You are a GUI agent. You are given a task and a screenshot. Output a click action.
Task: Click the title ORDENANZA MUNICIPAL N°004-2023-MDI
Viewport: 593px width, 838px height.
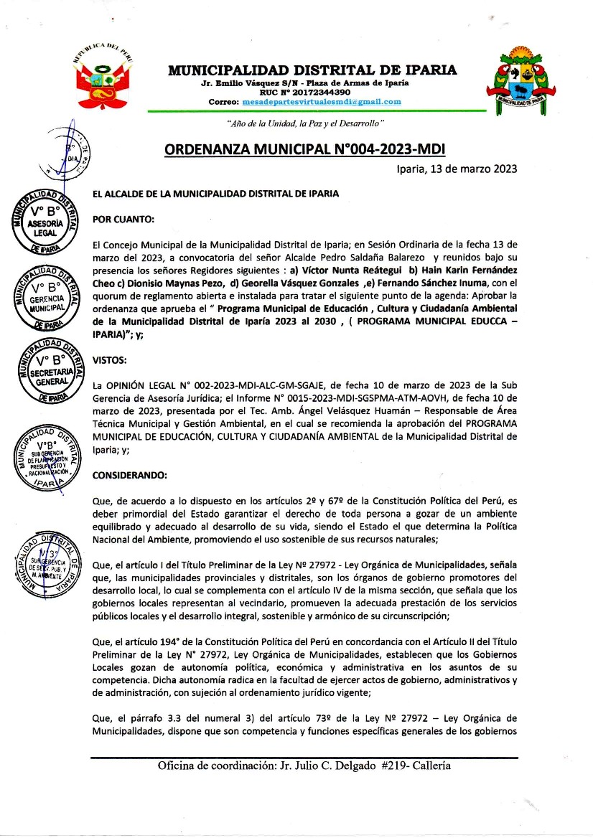(x=305, y=149)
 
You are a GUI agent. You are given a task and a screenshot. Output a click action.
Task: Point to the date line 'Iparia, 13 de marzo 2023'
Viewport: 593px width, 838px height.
(x=457, y=169)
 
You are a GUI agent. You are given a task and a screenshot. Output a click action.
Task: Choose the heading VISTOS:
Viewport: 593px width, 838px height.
(x=110, y=359)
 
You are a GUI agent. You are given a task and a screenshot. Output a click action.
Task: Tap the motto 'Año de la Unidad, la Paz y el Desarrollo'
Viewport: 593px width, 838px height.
(x=307, y=123)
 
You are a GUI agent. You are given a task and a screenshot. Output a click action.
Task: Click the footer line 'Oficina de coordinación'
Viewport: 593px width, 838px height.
(x=304, y=766)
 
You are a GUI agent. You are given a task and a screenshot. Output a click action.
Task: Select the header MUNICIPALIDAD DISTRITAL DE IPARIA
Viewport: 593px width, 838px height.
(x=312, y=70)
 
